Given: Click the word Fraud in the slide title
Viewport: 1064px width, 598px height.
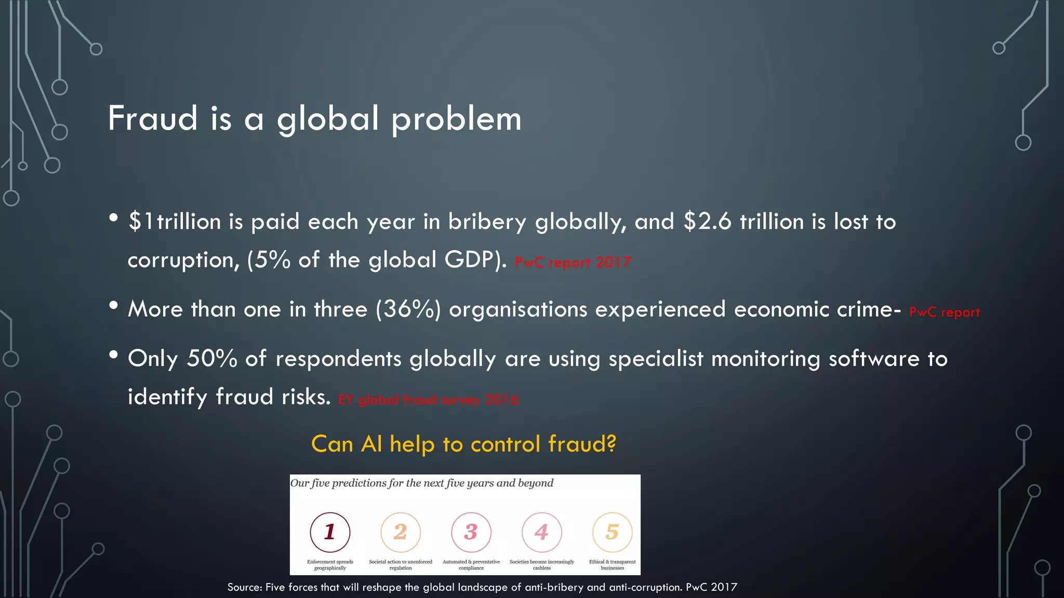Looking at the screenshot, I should pos(153,118).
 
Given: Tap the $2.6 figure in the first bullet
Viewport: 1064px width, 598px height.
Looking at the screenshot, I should pos(707,222).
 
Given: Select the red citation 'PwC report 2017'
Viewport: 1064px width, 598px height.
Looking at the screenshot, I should pos(573,262).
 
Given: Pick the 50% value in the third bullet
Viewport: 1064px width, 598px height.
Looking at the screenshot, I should pos(212,358).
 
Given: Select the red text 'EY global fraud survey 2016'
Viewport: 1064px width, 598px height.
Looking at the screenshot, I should pos(428,400).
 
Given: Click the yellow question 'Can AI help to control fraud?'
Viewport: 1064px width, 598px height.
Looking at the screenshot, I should pos(463,444).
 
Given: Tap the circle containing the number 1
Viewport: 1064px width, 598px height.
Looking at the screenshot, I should pos(330,532).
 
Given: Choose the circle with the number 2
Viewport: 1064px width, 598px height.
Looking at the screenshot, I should pos(401,532).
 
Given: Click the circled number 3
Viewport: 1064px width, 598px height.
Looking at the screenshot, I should pos(471,532).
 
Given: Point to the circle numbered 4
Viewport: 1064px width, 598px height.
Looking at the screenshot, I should pos(541,532).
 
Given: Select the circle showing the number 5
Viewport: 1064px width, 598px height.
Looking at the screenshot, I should pos(612,532).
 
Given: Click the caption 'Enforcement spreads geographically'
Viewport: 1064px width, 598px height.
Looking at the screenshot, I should pos(330,565).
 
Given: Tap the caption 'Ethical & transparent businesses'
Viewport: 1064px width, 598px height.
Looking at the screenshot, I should pos(612,565).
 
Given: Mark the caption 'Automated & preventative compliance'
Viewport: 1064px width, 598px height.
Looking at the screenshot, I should pos(471,565).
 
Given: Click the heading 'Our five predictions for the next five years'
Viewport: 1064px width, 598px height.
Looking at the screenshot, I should pos(421,483).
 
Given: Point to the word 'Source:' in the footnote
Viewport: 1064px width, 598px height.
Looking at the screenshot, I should pos(245,587).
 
